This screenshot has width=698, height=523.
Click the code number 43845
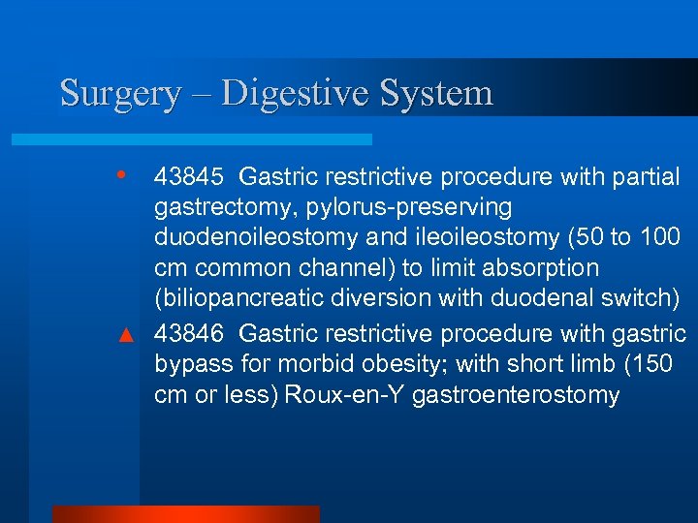click(x=189, y=176)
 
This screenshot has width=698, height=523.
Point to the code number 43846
click(x=189, y=333)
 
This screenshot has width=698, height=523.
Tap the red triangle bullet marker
click(x=123, y=335)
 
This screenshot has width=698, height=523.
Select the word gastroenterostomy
click(x=515, y=396)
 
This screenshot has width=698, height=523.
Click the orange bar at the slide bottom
click(x=185, y=513)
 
